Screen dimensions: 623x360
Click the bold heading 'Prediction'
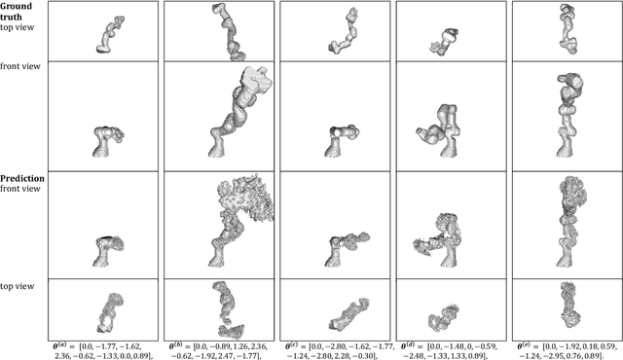pyautogui.click(x=22, y=179)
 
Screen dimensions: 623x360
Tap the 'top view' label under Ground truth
pyautogui.click(x=18, y=27)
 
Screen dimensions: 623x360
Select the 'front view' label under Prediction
pyautogui.click(x=20, y=189)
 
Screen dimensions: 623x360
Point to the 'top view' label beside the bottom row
pyautogui.click(x=18, y=286)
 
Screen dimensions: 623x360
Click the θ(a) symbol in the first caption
pyautogui.click(x=62, y=345)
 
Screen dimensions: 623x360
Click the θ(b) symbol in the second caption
pyautogui.click(x=177, y=345)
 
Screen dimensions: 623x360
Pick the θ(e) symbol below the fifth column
pyautogui.click(x=526, y=345)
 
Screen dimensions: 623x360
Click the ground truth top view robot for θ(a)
pyautogui.click(x=110, y=35)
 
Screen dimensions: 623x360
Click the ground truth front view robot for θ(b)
pyautogui.click(x=240, y=112)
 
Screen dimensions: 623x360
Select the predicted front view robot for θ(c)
pyautogui.click(x=346, y=249)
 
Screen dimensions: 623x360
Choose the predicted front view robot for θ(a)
pyautogui.click(x=108, y=251)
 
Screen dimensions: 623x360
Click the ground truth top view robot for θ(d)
pyautogui.click(x=444, y=42)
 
